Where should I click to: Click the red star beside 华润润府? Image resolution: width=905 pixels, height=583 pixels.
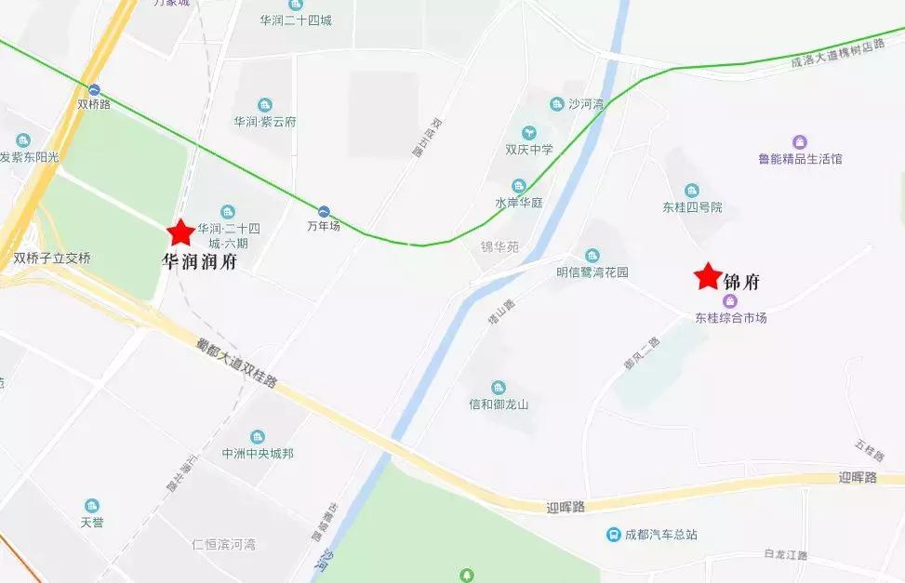point(180,232)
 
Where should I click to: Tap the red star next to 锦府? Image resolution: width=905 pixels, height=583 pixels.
point(708,276)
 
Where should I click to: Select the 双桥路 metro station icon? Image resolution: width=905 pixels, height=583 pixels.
point(95,89)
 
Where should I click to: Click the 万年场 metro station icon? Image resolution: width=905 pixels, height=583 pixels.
point(324,211)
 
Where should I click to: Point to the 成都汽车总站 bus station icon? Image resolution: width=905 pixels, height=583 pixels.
point(613,535)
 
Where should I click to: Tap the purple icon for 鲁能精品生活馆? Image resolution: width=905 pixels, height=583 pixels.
point(799,142)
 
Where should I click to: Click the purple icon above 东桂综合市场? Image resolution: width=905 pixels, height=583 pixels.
point(730,301)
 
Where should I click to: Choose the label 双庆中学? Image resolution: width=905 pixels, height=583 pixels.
point(528,149)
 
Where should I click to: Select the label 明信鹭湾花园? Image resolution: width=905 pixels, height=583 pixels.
point(592,272)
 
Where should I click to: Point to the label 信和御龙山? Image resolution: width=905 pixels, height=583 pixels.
point(499,404)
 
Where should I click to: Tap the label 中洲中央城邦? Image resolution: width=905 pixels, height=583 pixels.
point(258,453)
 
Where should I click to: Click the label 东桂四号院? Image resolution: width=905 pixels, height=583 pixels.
point(692,206)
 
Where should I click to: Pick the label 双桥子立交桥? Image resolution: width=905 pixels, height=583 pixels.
point(52,258)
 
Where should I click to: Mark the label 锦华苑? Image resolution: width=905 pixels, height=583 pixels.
point(499,247)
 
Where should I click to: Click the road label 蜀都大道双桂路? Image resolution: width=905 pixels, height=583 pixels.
point(236,363)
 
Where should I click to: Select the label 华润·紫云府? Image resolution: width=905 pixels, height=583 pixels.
point(264,121)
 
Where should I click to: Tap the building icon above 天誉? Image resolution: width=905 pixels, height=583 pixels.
point(92,506)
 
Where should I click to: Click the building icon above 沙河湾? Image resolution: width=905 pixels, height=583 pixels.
point(557,104)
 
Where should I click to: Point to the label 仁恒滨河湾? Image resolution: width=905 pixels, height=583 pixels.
point(223,544)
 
